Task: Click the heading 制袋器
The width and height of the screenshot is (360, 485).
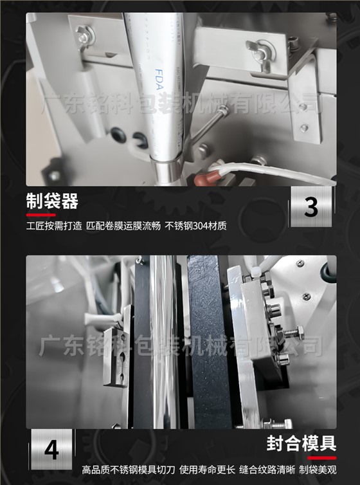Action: (x=52, y=201)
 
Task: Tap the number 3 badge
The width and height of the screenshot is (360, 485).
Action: (x=311, y=206)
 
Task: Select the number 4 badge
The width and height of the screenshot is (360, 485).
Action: (x=51, y=449)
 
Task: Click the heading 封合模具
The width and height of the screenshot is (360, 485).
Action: (x=301, y=443)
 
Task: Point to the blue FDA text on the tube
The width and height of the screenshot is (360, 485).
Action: (x=159, y=79)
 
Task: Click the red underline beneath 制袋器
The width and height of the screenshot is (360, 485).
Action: (x=40, y=215)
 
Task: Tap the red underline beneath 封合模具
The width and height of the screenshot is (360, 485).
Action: (x=321, y=458)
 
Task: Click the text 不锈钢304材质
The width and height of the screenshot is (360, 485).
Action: (x=195, y=226)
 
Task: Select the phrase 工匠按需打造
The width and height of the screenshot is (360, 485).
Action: (x=54, y=226)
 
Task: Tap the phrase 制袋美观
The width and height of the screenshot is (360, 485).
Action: (x=318, y=470)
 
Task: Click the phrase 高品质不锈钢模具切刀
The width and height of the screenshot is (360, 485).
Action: (x=129, y=470)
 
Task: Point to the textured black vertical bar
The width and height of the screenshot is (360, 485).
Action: (x=209, y=342)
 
